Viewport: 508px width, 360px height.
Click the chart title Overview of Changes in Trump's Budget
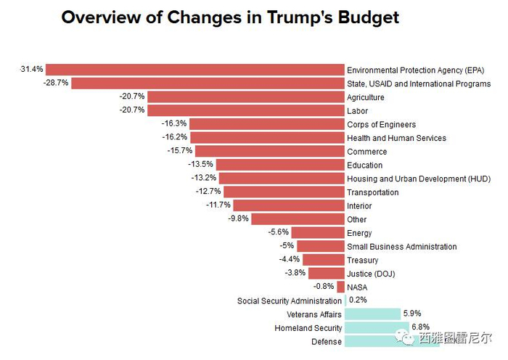230,17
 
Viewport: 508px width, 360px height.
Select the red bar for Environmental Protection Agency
194,70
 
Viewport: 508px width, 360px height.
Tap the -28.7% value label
56,83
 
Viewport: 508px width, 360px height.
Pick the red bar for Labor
246,110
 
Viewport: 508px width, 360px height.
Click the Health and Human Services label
396,138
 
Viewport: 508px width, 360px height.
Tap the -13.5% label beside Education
200,164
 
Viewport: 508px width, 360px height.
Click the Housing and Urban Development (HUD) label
419,179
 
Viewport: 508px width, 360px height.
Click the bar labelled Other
298,218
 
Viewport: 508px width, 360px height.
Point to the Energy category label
359,233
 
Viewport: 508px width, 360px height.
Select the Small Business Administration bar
320,246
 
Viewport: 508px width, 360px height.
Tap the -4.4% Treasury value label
289,259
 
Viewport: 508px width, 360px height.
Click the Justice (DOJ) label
371,274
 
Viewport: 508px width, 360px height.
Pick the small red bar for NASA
341,287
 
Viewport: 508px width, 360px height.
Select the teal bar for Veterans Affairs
372,314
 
